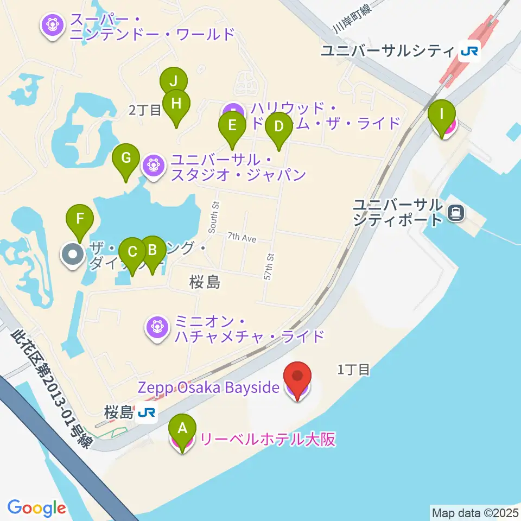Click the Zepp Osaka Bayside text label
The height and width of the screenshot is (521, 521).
point(209,387)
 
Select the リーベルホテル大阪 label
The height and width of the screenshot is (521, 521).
point(268,439)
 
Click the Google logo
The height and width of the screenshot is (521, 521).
point(36,508)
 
